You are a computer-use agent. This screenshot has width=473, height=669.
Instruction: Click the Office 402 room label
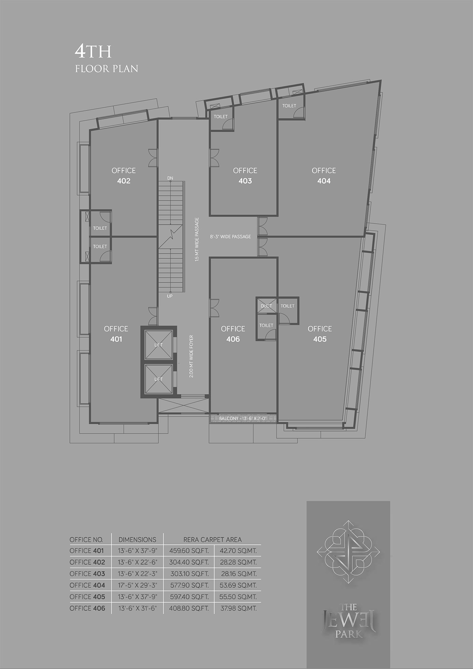click(123, 176)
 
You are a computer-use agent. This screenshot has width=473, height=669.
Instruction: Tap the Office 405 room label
click(320, 334)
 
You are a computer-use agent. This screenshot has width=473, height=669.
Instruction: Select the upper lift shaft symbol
click(158, 345)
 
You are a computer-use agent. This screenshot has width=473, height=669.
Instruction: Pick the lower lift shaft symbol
click(158, 379)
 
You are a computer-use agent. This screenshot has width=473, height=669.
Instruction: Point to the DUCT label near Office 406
click(266, 306)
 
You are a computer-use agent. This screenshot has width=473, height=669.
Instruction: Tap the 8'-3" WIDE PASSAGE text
click(230, 237)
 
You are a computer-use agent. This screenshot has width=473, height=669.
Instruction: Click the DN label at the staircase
click(170, 178)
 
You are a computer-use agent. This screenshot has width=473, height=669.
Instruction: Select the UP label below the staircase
click(170, 296)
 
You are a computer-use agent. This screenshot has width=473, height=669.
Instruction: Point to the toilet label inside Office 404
click(289, 106)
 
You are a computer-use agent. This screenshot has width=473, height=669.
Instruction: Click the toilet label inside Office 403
click(220, 116)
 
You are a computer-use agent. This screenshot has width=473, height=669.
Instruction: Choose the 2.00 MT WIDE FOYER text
click(191, 356)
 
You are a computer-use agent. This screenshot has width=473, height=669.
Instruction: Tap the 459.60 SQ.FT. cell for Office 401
click(189, 551)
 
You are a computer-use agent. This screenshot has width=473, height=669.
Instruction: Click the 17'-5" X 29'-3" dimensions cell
click(137, 585)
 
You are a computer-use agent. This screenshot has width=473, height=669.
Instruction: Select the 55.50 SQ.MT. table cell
click(238, 597)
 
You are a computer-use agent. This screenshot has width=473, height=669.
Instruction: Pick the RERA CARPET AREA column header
click(212, 540)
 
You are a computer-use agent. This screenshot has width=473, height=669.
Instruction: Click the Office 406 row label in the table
click(87, 608)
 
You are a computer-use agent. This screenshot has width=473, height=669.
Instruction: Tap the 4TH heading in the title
click(93, 52)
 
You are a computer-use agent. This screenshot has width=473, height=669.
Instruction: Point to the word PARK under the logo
click(348, 633)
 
